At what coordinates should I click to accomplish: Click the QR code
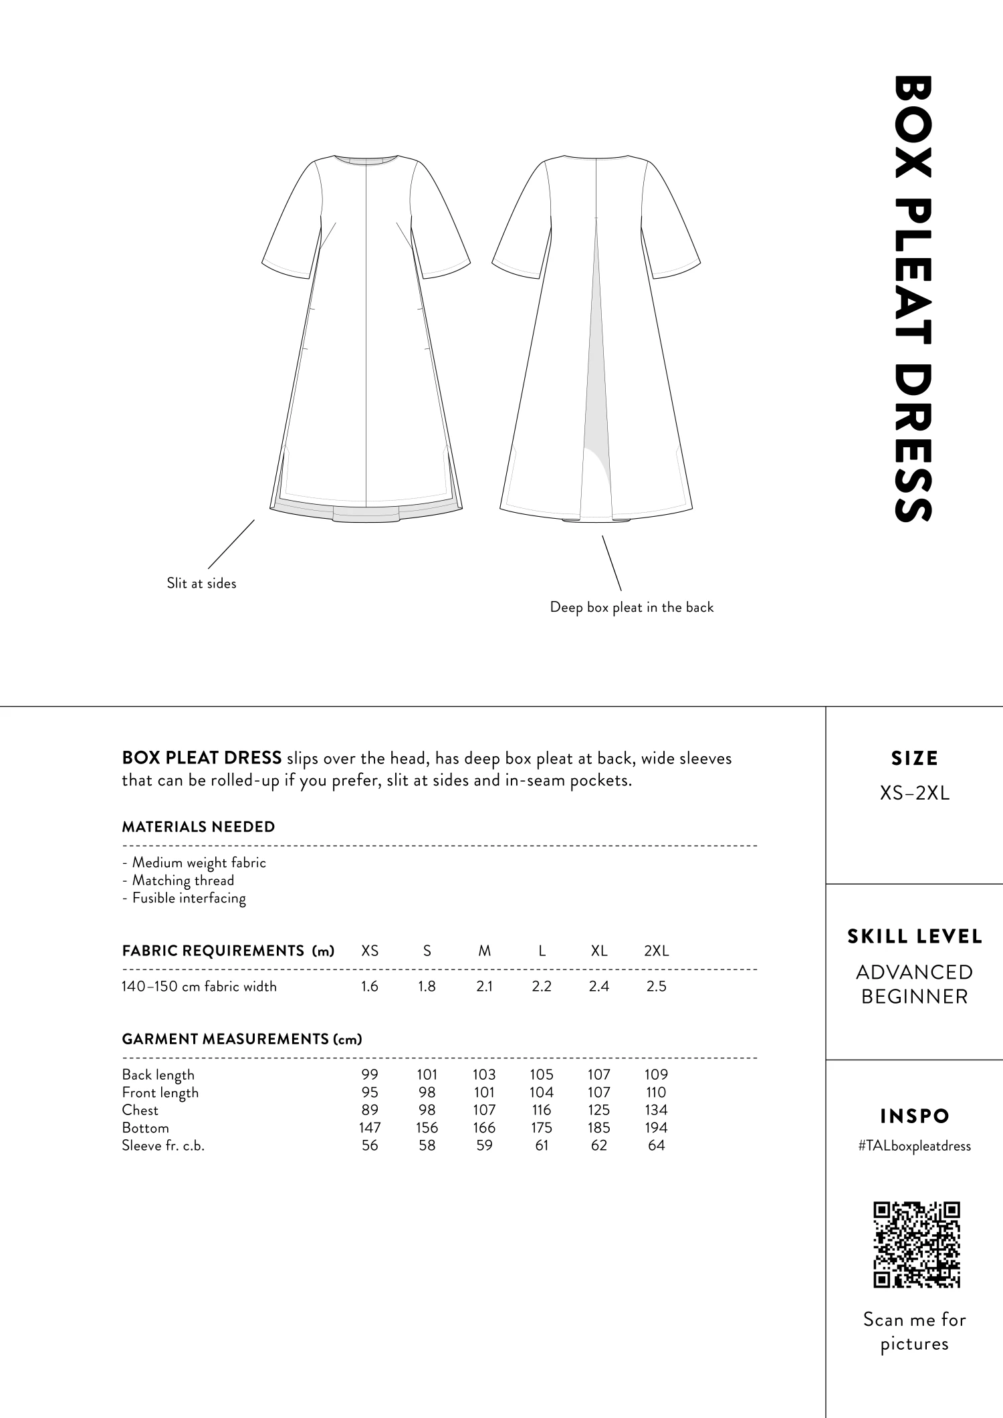pos(916,1244)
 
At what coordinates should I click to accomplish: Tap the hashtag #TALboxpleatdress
pos(914,1146)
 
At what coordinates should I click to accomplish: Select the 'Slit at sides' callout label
pos(201,584)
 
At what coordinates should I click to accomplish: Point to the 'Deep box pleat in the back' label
pos(631,608)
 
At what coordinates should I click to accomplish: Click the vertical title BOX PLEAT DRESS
pos(912,298)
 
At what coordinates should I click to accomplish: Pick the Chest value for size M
pos(484,1110)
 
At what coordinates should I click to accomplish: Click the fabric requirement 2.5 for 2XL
pos(656,986)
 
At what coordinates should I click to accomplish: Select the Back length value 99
pos(370,1074)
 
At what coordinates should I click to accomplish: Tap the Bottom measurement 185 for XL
pos(598,1128)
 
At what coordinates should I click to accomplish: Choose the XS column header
pos(370,951)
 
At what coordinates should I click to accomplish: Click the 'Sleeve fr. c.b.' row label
pos(163,1145)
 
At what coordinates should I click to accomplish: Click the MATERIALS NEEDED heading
pos(198,827)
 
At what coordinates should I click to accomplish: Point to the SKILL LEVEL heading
pos(914,937)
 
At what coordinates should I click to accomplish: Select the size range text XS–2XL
pos(914,794)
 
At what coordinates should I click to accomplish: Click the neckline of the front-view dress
pos(366,160)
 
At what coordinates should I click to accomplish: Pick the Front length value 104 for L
pos(541,1092)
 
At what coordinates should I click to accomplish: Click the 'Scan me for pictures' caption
pos(914,1331)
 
